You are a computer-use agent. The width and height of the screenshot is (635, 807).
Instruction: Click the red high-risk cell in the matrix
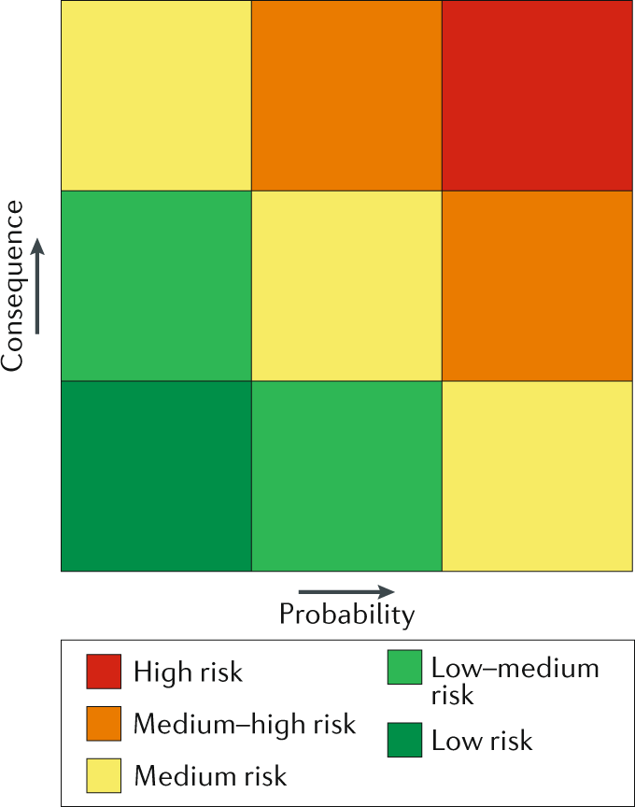tap(538, 95)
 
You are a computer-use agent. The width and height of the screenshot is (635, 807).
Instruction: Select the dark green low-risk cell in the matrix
tap(156, 475)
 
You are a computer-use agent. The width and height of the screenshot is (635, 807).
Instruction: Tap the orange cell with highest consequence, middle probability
tap(346, 95)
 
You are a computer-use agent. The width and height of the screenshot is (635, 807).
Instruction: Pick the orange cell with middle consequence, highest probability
tap(538, 286)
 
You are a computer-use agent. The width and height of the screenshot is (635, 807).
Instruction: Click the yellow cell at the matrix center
tap(346, 286)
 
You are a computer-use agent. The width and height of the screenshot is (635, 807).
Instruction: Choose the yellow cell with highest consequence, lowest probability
tap(156, 95)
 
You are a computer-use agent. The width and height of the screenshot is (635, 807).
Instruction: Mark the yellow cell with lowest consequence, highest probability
tap(538, 475)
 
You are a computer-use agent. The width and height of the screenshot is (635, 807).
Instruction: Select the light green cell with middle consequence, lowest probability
tap(156, 286)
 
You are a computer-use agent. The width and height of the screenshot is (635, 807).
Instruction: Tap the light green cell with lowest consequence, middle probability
tap(346, 475)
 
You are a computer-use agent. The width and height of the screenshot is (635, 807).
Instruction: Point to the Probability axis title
tap(346, 615)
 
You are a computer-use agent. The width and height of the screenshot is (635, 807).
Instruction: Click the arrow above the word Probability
tap(346, 591)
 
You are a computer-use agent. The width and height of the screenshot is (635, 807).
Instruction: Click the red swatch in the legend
tap(105, 671)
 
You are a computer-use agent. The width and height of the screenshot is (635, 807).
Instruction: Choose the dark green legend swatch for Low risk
tap(404, 740)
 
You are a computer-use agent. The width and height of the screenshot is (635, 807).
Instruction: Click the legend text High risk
tap(189, 672)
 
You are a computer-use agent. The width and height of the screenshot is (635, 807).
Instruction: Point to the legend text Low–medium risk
tap(515, 681)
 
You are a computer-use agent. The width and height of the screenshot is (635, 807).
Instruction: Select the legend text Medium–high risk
tap(245, 723)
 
